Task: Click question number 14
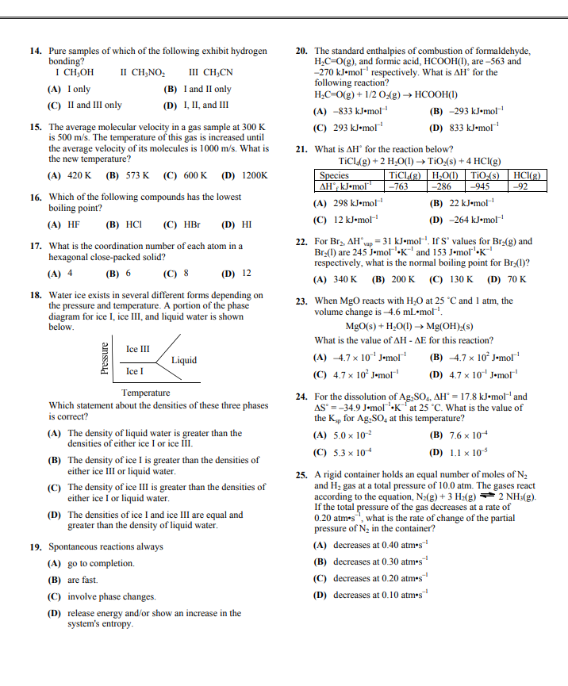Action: tap(36, 51)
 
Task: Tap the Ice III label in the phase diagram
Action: tap(137, 349)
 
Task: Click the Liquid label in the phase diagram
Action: tap(184, 360)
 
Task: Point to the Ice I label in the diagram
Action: tap(135, 371)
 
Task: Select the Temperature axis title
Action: tap(145, 393)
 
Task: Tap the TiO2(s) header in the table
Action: tap(488, 176)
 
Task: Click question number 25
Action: tap(301, 475)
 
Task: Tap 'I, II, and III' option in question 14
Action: tap(206, 105)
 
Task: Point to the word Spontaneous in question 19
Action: tap(74, 546)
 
